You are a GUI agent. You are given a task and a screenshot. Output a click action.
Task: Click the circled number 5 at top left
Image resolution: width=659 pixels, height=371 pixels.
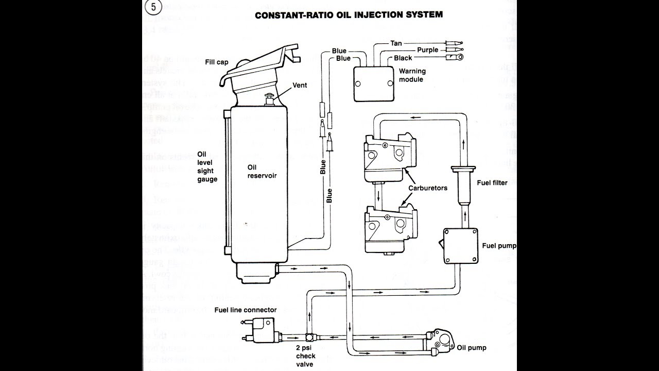pos(153,8)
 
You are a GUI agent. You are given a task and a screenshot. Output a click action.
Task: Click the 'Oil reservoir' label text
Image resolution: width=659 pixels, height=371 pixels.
pos(262,171)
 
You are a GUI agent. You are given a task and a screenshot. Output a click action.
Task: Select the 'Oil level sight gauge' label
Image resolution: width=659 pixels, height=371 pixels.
pos(207,166)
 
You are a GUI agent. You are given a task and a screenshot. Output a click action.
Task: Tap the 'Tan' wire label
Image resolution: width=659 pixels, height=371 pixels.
pos(396,43)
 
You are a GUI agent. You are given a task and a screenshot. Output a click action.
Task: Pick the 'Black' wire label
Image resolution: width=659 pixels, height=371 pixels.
pos(403,58)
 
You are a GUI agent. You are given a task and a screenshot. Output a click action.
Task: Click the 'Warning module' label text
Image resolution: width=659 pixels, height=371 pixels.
pos(411,76)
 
